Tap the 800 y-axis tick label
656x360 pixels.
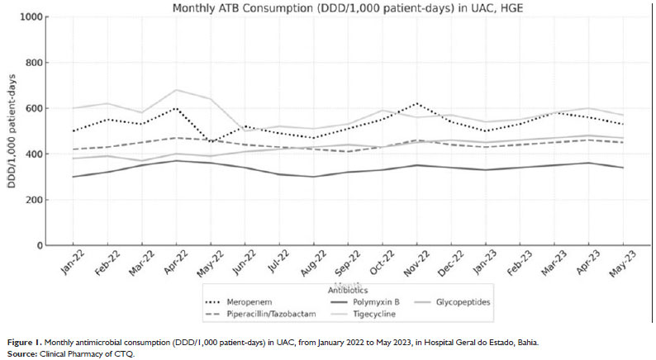point(35,63)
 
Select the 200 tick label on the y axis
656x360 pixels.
point(35,200)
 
